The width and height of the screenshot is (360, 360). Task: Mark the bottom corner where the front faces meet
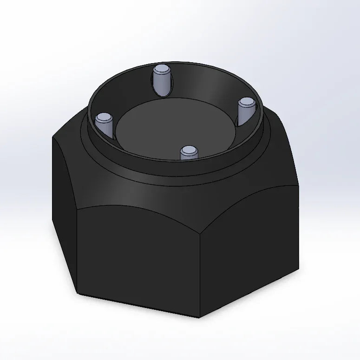199,318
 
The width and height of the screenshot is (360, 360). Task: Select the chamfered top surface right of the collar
279,139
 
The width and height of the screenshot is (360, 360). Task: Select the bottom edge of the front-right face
251,294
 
